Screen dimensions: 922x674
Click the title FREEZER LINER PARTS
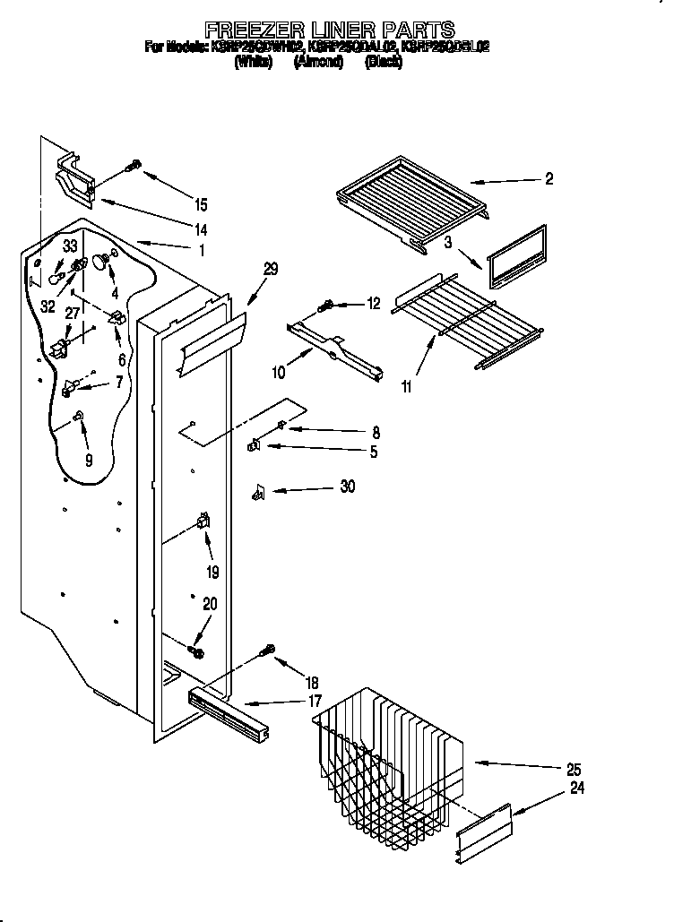click(329, 30)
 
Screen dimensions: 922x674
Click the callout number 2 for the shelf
click(549, 179)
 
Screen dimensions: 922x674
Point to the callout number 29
click(271, 269)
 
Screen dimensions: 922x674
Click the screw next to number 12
click(328, 306)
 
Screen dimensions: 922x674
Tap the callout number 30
click(348, 487)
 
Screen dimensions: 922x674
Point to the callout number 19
click(212, 573)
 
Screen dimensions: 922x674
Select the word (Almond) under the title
click(318, 62)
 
